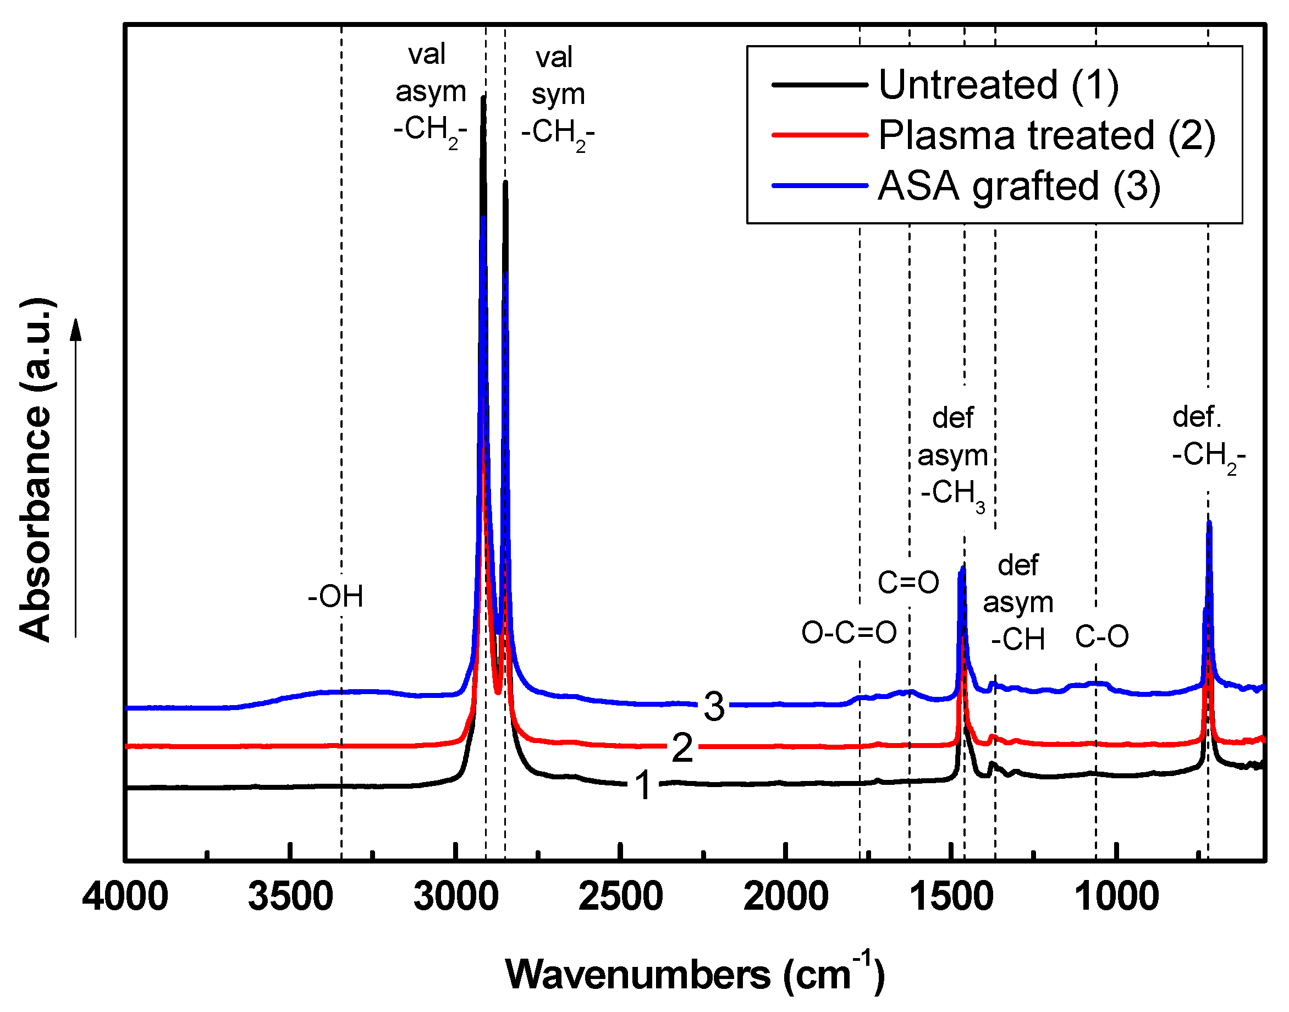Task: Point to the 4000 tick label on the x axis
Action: [x=125, y=897]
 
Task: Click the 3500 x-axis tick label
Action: [x=290, y=897]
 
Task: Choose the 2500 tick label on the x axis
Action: [x=620, y=897]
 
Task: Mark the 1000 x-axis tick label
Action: [x=1116, y=897]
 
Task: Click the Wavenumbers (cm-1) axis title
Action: [x=694, y=974]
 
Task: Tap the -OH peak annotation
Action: [x=335, y=597]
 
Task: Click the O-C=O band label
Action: [x=849, y=634]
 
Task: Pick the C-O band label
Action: [x=1102, y=637]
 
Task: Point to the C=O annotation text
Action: [x=907, y=583]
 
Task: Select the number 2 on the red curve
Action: [x=682, y=748]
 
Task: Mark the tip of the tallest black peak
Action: [x=483, y=98]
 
